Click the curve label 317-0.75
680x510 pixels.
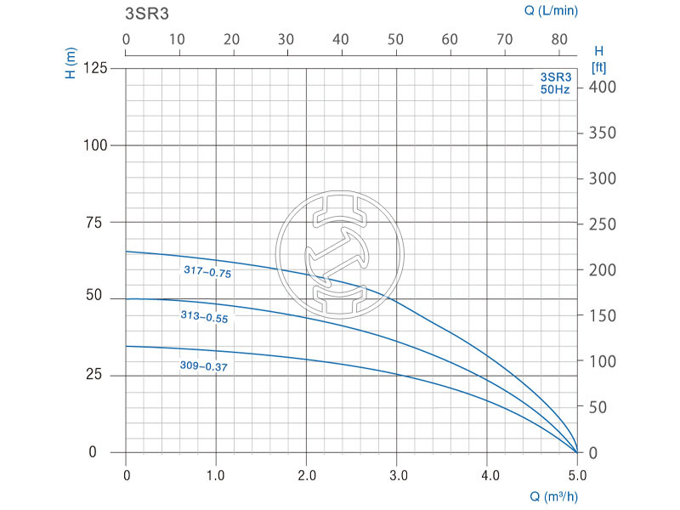207,272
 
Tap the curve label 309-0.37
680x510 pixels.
205,366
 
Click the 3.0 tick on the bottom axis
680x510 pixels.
397,473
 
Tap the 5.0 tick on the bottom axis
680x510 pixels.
577,473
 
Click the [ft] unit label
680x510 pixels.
597,65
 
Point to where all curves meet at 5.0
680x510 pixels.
577,451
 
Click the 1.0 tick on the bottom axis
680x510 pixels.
216,473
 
